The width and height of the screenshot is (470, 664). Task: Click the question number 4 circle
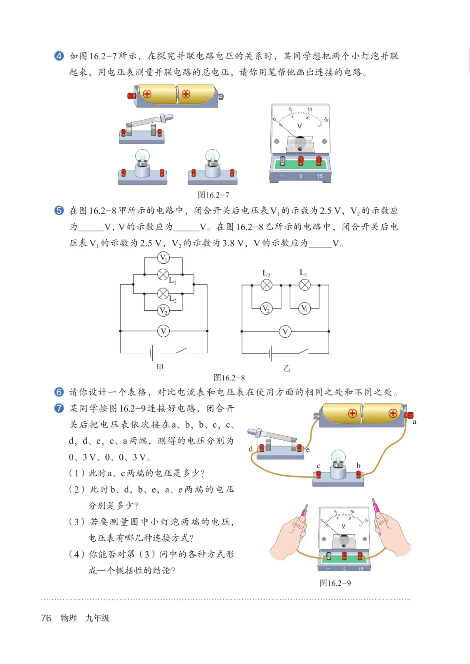click(59, 56)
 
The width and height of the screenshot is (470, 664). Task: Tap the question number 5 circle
click(59, 211)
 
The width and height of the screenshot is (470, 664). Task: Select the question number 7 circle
click(59, 408)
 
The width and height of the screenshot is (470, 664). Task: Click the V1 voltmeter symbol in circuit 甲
click(163, 258)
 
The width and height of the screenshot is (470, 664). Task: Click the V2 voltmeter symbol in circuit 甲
click(163, 310)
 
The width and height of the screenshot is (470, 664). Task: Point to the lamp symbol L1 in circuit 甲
click(163, 275)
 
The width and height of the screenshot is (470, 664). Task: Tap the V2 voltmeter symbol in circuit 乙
click(266, 309)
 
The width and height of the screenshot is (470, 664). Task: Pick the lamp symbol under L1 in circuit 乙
click(305, 285)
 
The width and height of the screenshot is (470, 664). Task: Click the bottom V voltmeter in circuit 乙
click(285, 332)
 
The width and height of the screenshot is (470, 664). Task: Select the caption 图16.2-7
click(213, 195)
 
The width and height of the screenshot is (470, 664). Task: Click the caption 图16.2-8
click(229, 378)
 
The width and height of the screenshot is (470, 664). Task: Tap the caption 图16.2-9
click(335, 583)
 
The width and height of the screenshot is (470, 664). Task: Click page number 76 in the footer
click(46, 618)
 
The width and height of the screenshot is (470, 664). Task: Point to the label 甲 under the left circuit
click(160, 368)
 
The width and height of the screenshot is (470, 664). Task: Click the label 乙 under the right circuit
click(286, 368)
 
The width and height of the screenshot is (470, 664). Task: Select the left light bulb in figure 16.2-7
click(142, 168)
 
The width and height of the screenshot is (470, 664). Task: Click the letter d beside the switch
click(251, 449)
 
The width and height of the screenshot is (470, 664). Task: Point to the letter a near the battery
click(414, 422)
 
